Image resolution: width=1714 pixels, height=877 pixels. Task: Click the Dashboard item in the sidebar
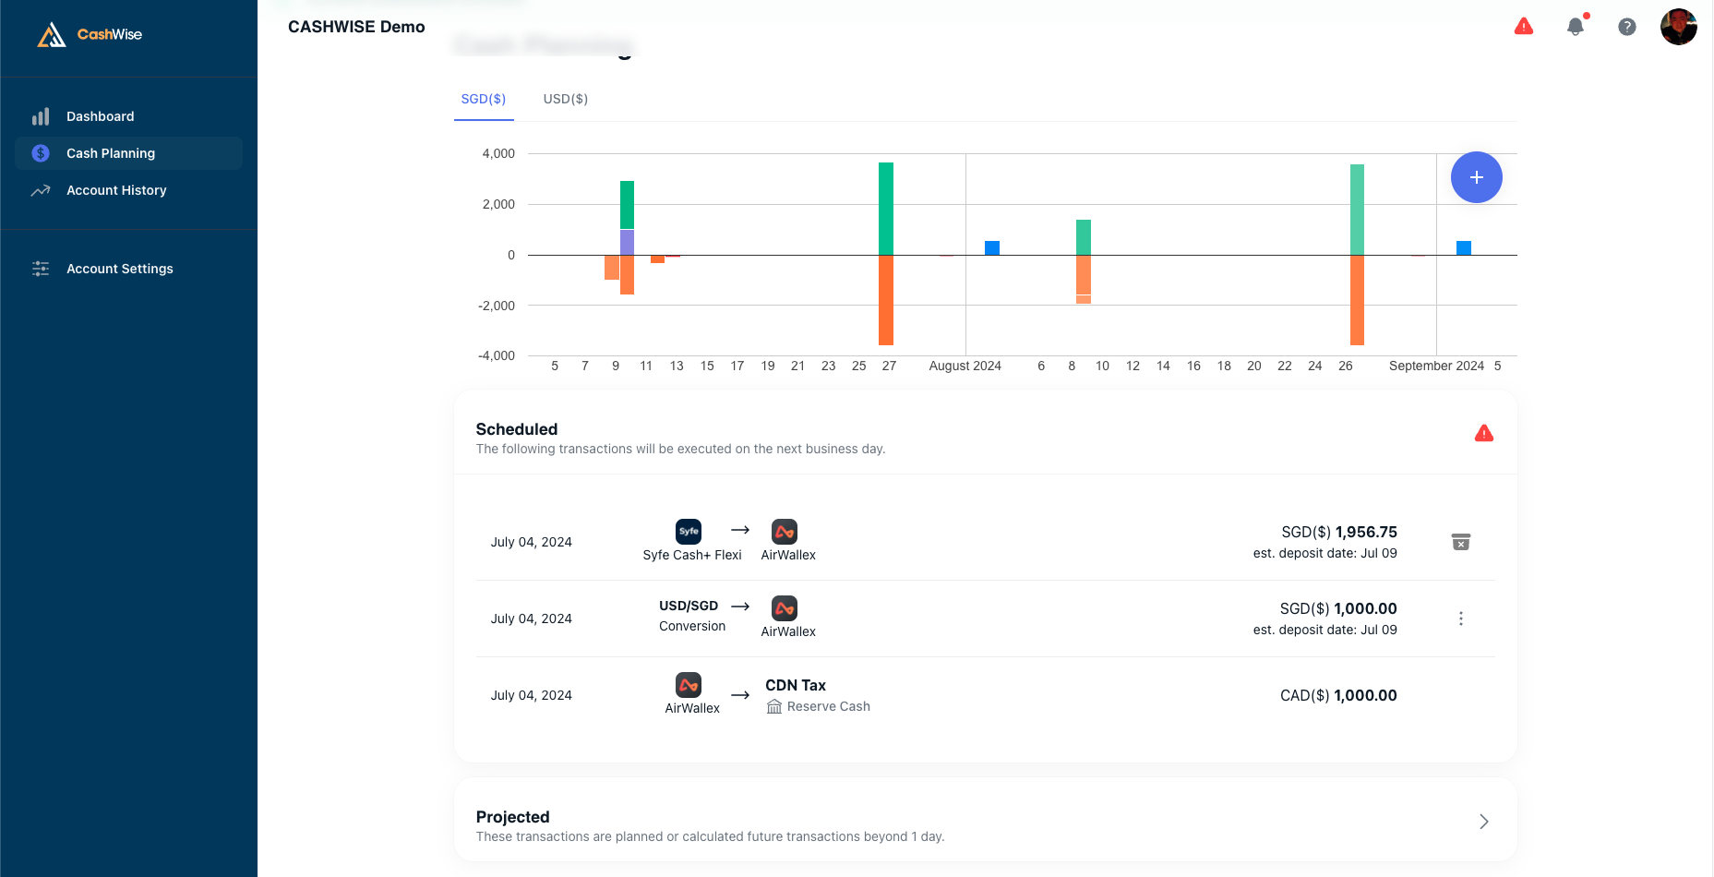coord(100,116)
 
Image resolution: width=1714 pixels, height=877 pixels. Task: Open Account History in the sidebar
coord(116,190)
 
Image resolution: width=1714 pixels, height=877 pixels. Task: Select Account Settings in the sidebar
coord(119,269)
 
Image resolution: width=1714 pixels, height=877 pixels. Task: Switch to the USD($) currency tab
coord(565,99)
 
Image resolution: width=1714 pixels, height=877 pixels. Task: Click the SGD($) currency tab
coord(483,99)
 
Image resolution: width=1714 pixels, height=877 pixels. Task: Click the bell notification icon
coord(1576,27)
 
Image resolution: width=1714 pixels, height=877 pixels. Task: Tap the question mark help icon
coord(1627,27)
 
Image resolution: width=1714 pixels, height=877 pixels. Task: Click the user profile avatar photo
coord(1678,27)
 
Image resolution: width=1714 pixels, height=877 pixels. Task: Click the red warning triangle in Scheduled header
coord(1483,433)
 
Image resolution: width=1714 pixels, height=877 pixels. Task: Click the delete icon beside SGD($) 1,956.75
coord(1460,542)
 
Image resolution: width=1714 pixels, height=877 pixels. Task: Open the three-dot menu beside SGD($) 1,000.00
coord(1460,619)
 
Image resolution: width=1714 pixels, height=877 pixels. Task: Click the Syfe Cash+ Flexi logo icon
coord(689,532)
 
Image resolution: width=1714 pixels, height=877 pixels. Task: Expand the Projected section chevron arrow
coord(1483,822)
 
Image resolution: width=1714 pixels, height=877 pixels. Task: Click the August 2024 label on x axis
coord(965,366)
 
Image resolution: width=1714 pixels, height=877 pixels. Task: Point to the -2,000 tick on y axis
coord(497,306)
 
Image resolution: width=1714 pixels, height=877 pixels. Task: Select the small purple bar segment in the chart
coord(627,243)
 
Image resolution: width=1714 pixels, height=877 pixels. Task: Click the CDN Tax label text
coord(795,685)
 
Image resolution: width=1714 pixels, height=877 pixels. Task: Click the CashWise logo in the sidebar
coord(90,34)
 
